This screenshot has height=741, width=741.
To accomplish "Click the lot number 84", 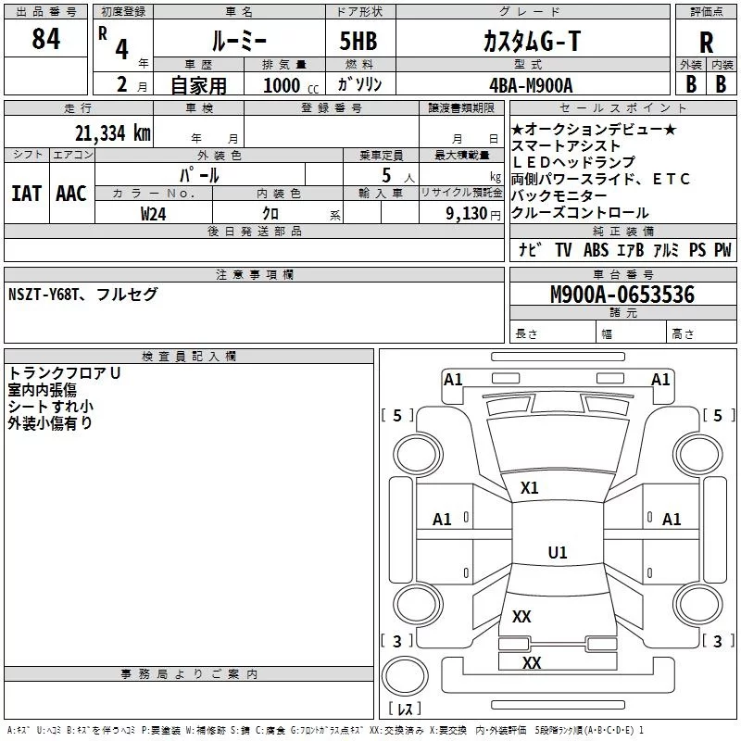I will point(45,39).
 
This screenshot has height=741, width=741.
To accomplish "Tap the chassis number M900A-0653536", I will point(622,295).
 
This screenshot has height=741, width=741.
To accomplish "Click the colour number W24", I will point(154,213).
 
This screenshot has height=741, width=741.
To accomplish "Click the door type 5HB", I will point(358,41).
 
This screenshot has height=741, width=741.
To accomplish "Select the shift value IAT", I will point(26,193).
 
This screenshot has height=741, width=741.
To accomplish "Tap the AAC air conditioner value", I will point(70,193).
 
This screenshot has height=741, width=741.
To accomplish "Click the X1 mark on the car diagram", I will point(530,487).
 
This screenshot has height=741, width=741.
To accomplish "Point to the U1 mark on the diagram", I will point(557,553).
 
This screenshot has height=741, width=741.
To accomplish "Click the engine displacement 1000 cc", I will point(283,85).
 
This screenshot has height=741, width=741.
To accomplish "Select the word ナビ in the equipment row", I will point(530,250).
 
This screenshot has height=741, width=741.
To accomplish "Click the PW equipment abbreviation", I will point(722,250).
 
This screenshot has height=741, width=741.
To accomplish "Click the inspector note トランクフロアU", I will point(65,373).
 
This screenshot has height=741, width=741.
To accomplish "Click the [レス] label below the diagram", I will point(405,710).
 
